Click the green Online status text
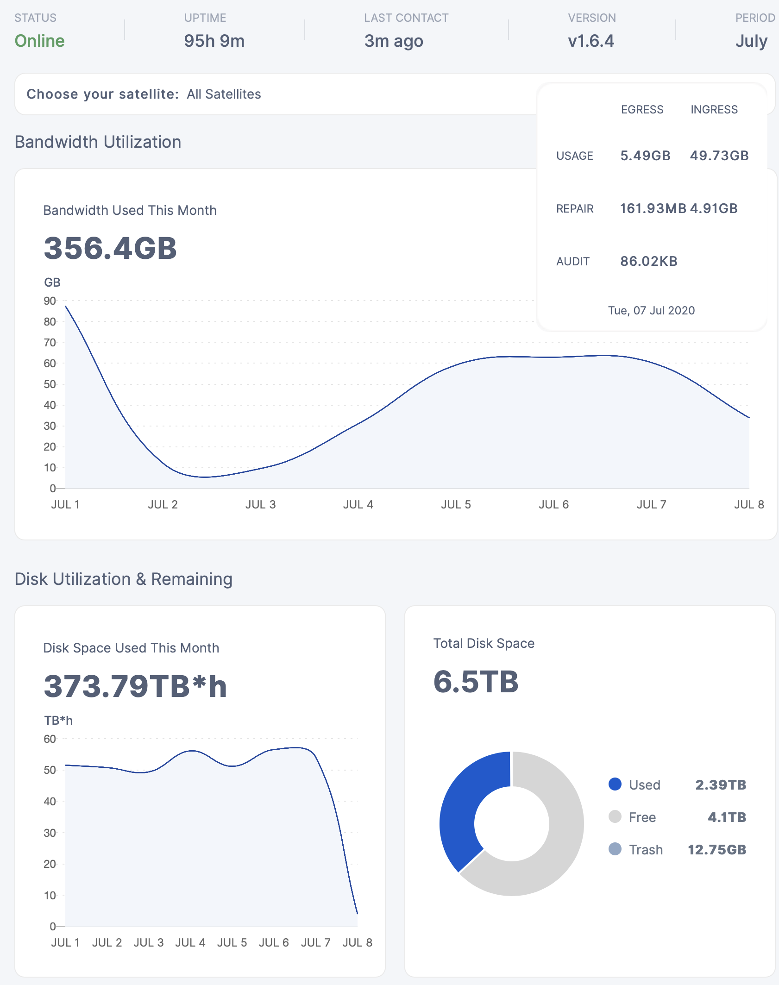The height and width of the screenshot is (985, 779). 39,41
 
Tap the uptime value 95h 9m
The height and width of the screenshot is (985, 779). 214,41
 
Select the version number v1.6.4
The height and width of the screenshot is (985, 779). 591,41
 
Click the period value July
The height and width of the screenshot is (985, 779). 751,41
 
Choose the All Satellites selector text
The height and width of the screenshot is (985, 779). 224,94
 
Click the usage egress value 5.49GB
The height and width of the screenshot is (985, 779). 645,156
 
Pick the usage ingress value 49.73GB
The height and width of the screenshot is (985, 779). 719,156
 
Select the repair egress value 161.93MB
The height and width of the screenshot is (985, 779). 653,208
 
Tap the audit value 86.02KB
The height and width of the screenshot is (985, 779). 648,261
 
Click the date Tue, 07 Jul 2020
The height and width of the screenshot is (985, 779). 651,310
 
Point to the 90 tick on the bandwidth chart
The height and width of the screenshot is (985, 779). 50,301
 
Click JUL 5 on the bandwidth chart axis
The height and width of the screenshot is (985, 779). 456,504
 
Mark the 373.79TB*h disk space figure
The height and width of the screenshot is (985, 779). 135,686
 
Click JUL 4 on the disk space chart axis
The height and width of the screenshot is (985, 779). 190,942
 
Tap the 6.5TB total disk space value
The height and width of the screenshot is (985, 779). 476,682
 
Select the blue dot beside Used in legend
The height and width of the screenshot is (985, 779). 615,784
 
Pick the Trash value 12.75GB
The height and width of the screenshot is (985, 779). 716,849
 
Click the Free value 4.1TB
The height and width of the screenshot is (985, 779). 727,817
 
